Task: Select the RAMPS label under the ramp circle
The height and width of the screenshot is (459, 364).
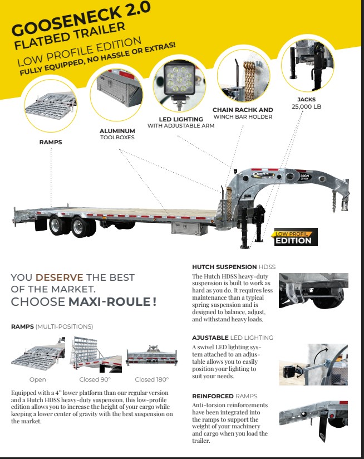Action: point(50,143)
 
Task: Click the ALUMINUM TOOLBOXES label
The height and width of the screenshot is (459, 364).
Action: point(117,133)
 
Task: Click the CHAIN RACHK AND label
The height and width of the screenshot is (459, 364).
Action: point(243,110)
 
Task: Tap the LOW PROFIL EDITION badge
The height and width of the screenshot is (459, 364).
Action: point(295,238)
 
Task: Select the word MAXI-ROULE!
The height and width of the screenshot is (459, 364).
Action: point(112,302)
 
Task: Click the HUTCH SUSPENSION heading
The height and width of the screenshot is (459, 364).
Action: point(224,267)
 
